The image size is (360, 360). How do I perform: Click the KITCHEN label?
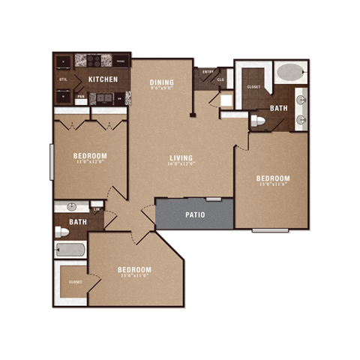pyautogui.click(x=102, y=79)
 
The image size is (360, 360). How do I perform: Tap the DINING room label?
pyautogui.click(x=162, y=82)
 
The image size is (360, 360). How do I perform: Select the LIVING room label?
pyautogui.click(x=181, y=157)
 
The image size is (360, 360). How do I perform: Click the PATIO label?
pyautogui.click(x=196, y=214)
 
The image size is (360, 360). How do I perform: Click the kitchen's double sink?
pyautogui.click(x=109, y=97)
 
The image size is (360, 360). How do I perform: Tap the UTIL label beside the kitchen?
pyautogui.click(x=63, y=79)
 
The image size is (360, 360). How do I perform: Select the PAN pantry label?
pyautogui.click(x=81, y=96)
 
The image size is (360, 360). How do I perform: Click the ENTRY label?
pyautogui.click(x=208, y=72)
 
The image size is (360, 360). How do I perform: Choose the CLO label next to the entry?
pyautogui.click(x=220, y=79)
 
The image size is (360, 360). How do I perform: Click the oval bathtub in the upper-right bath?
pyautogui.click(x=290, y=73)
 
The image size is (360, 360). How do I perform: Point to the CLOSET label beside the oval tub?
pyautogui.click(x=253, y=86)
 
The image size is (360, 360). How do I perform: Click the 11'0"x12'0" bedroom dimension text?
pyautogui.click(x=90, y=160)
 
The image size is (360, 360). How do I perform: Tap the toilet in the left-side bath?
pyautogui.click(x=62, y=232)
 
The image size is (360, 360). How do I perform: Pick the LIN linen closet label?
pyautogui.click(x=96, y=209)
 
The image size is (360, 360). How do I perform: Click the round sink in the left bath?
pyautogui.click(x=71, y=207)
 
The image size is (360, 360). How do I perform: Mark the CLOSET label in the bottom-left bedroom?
pyautogui.click(x=76, y=282)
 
